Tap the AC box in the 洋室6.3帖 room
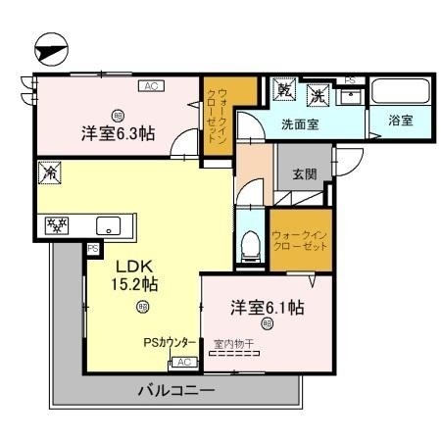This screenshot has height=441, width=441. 150,87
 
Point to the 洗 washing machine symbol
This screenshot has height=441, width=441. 317,95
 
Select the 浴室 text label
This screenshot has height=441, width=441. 399,122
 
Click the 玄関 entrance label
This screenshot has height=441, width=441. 305,174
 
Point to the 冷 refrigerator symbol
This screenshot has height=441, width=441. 47,172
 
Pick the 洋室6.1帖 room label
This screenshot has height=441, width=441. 267,307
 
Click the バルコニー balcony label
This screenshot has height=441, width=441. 175,390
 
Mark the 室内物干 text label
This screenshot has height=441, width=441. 232,343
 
